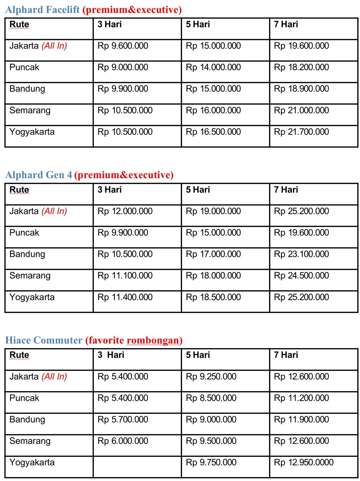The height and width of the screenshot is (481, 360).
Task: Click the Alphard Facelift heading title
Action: tap(42, 10)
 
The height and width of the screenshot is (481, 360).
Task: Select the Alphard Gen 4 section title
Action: tap(39, 175)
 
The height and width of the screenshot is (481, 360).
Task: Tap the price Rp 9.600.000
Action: tap(123, 46)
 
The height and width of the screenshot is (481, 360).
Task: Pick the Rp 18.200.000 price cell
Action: tap(301, 67)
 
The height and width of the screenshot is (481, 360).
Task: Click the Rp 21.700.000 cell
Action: tap(301, 132)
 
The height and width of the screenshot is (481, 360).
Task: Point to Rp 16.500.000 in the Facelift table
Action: tap(213, 132)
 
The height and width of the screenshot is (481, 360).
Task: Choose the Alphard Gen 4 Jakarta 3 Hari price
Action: tap(125, 211)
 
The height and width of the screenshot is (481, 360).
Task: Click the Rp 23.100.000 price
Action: tap(301, 254)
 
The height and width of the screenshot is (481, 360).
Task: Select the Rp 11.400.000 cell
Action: tap(125, 297)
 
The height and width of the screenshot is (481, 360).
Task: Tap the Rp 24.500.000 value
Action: tap(301, 276)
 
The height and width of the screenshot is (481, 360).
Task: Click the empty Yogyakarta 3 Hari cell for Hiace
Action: tap(137, 466)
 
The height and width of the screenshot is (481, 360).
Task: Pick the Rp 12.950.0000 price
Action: tap(304, 462)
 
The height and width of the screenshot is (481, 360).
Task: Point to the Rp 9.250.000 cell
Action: tap(211, 376)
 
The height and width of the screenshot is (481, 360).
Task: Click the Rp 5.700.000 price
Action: tap(123, 419)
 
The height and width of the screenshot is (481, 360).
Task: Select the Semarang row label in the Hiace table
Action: tap(30, 441)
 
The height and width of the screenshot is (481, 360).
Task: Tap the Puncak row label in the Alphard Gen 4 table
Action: tap(24, 233)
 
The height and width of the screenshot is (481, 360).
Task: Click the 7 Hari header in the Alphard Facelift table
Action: tap(286, 24)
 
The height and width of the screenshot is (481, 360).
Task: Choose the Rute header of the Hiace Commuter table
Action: tap(19, 355)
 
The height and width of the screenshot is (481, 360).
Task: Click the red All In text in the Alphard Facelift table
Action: tap(54, 46)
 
